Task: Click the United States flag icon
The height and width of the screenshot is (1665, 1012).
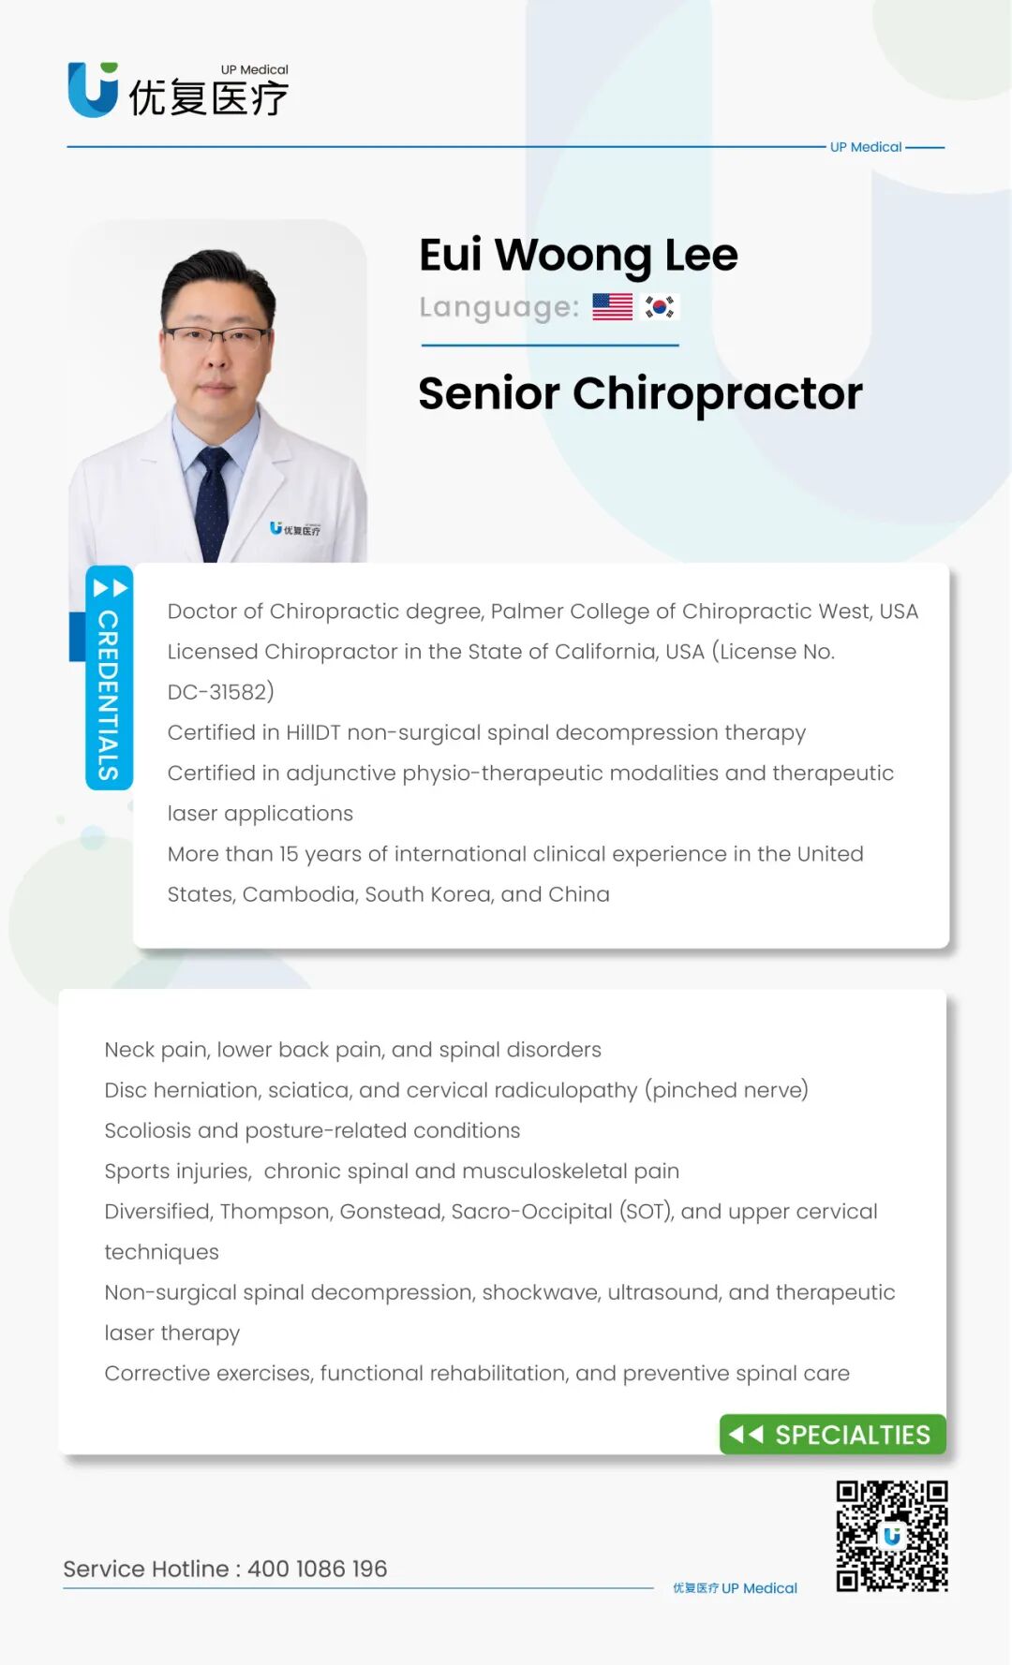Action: pyautogui.click(x=613, y=307)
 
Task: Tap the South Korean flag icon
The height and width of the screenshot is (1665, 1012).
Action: pyautogui.click(x=660, y=307)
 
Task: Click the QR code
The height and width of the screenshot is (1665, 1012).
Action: pyautogui.click(x=892, y=1536)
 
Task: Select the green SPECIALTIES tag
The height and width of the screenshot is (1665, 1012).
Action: pyautogui.click(x=833, y=1435)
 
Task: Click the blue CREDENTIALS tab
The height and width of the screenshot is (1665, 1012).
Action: pyautogui.click(x=109, y=678)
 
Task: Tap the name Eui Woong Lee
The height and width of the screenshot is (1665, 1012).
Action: pyautogui.click(x=578, y=255)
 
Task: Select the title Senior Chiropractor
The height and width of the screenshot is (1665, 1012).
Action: pyautogui.click(x=640, y=393)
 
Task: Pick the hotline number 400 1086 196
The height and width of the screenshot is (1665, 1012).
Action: pyautogui.click(x=318, y=1569)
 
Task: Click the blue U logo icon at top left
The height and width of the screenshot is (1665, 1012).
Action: pyautogui.click(x=93, y=90)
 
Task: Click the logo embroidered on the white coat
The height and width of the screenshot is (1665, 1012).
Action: pyautogui.click(x=295, y=529)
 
